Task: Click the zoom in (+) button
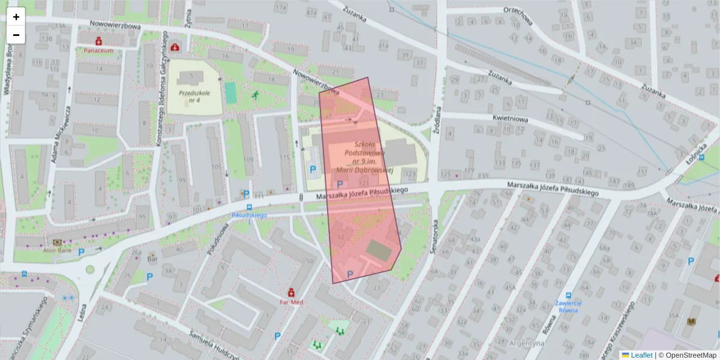[16, 17]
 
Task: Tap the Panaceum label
[98, 51]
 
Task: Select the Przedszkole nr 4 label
[194, 97]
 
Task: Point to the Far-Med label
[292, 302]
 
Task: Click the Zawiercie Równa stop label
[568, 307]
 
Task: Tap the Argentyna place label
[526, 344]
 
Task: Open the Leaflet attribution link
[641, 355]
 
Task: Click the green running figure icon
[255, 95]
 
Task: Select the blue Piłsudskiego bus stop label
[249, 214]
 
